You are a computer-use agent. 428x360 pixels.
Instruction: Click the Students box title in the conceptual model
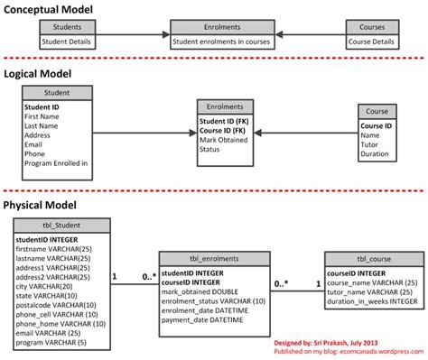pos(70,27)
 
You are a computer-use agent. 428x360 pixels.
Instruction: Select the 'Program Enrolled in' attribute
pos(55,163)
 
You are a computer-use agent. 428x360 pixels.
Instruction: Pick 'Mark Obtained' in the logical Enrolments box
pos(223,140)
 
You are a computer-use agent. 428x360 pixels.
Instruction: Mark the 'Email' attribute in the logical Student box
pos(34,143)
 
